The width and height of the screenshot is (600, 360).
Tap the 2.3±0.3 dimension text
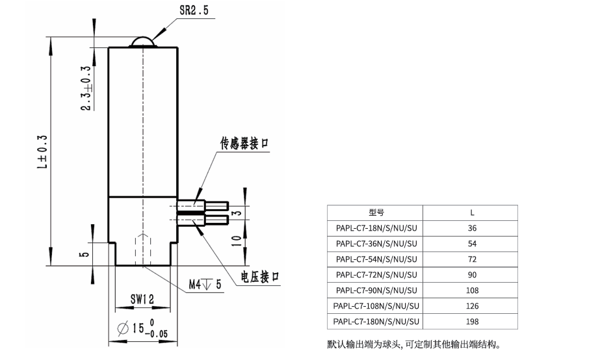click(x=85, y=88)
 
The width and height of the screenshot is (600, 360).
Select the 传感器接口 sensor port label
click(x=244, y=144)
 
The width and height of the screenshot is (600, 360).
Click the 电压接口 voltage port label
click(x=260, y=277)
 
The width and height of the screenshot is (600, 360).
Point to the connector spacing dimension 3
click(x=237, y=213)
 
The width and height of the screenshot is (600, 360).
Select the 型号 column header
click(x=376, y=212)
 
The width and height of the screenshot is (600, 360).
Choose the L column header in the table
click(x=472, y=212)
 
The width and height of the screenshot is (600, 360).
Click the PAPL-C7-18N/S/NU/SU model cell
click(x=376, y=228)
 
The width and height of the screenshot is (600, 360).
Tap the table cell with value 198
click(x=472, y=322)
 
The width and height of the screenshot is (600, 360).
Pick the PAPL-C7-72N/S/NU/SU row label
click(x=376, y=275)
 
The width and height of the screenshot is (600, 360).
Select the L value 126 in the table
click(x=472, y=306)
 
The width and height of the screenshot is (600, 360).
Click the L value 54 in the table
click(x=472, y=244)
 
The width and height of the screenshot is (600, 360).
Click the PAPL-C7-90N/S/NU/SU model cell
click(x=376, y=290)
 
